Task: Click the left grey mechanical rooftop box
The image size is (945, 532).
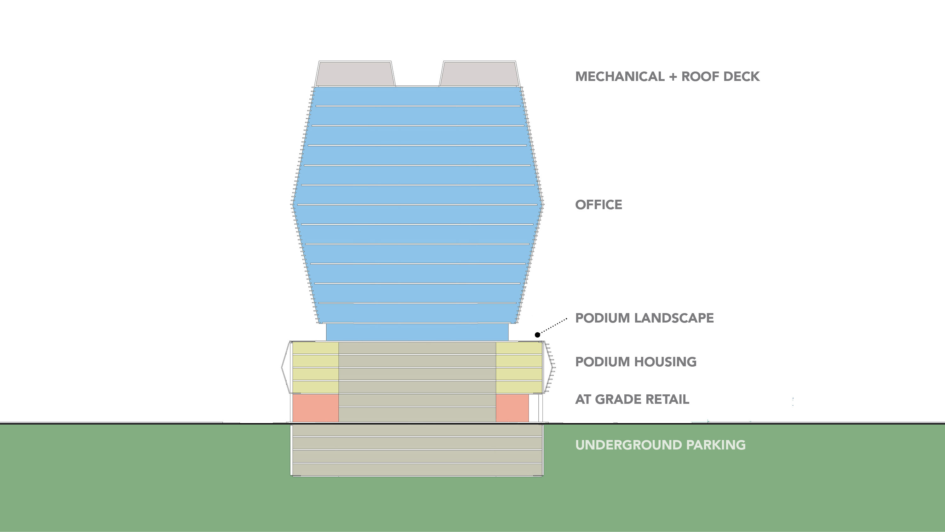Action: [355, 74]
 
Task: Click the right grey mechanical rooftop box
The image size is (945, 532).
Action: [479, 74]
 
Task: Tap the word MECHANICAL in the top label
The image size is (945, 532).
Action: [620, 76]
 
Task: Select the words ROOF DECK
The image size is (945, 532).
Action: [720, 76]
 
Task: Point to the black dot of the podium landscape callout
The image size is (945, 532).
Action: [537, 335]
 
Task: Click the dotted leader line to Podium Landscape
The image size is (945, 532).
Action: [553, 326]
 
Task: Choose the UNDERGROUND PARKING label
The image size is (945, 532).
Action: [660, 445]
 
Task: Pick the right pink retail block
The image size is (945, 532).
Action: [512, 408]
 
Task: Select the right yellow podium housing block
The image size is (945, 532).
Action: [519, 367]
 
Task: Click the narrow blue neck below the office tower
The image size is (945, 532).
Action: [417, 332]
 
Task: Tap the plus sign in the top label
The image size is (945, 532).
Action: [673, 77]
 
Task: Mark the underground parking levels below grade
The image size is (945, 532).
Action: [417, 450]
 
